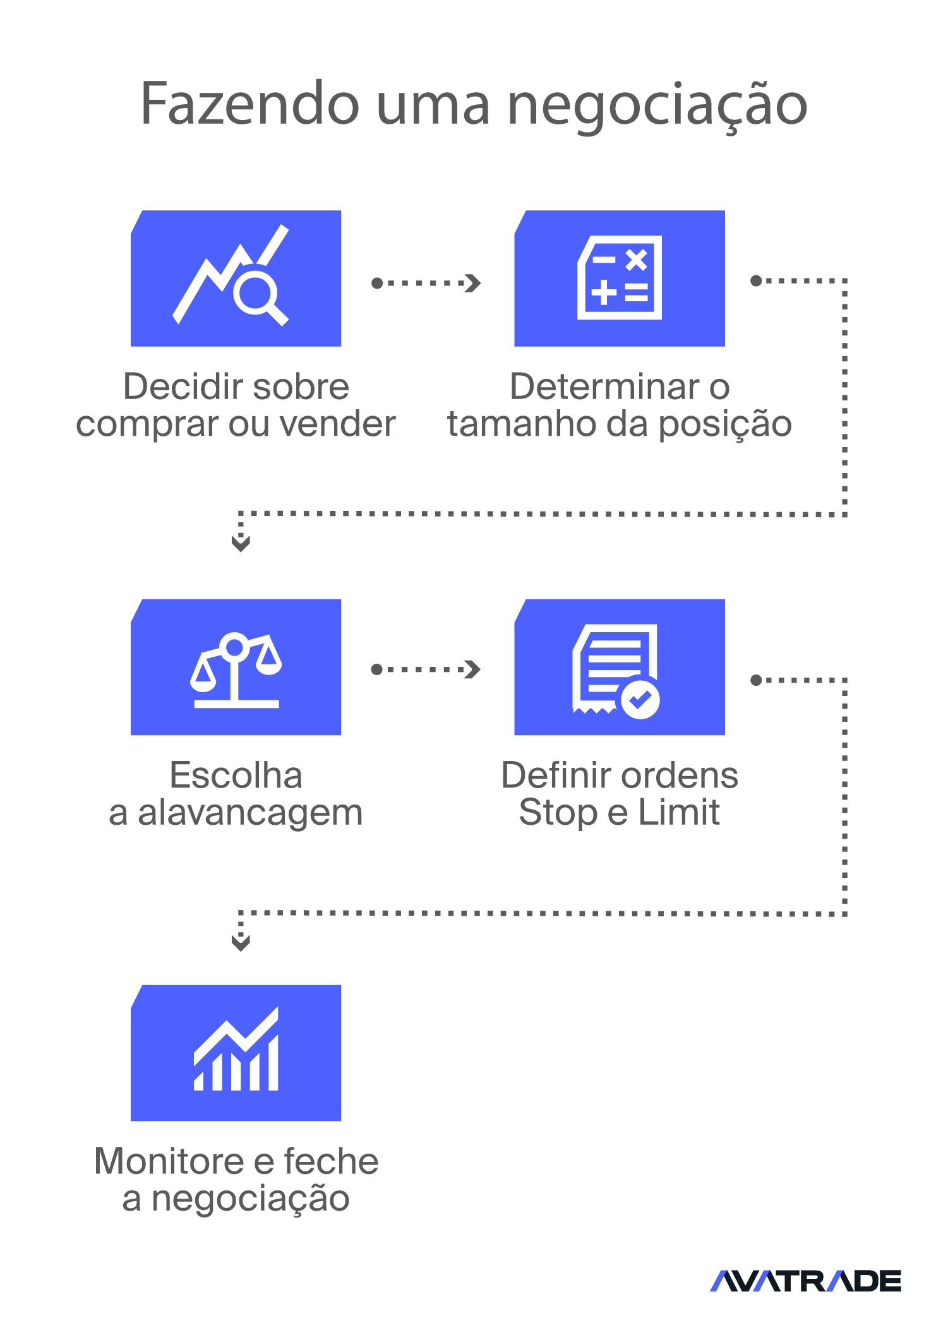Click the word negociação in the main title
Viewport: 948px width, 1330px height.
coord(657,107)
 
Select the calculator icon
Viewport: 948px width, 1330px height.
coord(620,278)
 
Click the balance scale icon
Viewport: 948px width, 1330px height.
coord(236,670)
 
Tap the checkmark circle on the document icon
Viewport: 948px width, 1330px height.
coord(640,699)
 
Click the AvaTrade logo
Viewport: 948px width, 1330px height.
coord(806,1281)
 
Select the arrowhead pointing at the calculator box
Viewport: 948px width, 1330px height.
coord(473,283)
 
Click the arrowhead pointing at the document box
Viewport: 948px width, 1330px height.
coord(473,669)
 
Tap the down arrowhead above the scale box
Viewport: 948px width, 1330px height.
coord(241,543)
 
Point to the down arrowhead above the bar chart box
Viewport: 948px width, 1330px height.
coord(241,943)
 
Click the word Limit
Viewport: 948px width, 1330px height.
coord(679,812)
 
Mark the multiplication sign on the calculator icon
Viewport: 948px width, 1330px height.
coord(637,260)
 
